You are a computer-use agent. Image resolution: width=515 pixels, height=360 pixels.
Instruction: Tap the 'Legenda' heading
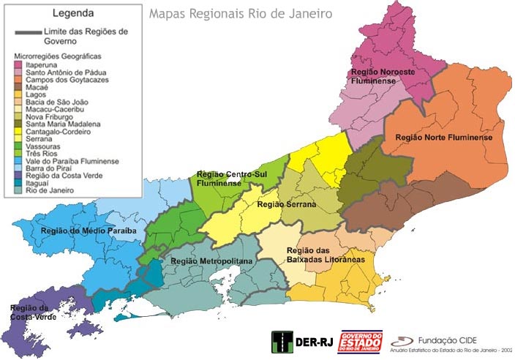72,13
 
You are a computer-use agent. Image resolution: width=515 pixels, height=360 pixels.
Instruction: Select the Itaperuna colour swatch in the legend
18,64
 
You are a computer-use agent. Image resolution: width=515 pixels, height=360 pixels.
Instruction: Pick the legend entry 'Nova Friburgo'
49,117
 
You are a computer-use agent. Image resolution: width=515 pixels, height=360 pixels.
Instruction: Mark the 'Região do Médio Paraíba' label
89,230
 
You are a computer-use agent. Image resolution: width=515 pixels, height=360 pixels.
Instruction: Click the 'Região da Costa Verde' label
30,312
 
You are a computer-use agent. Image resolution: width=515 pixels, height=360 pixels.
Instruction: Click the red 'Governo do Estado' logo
359,342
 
